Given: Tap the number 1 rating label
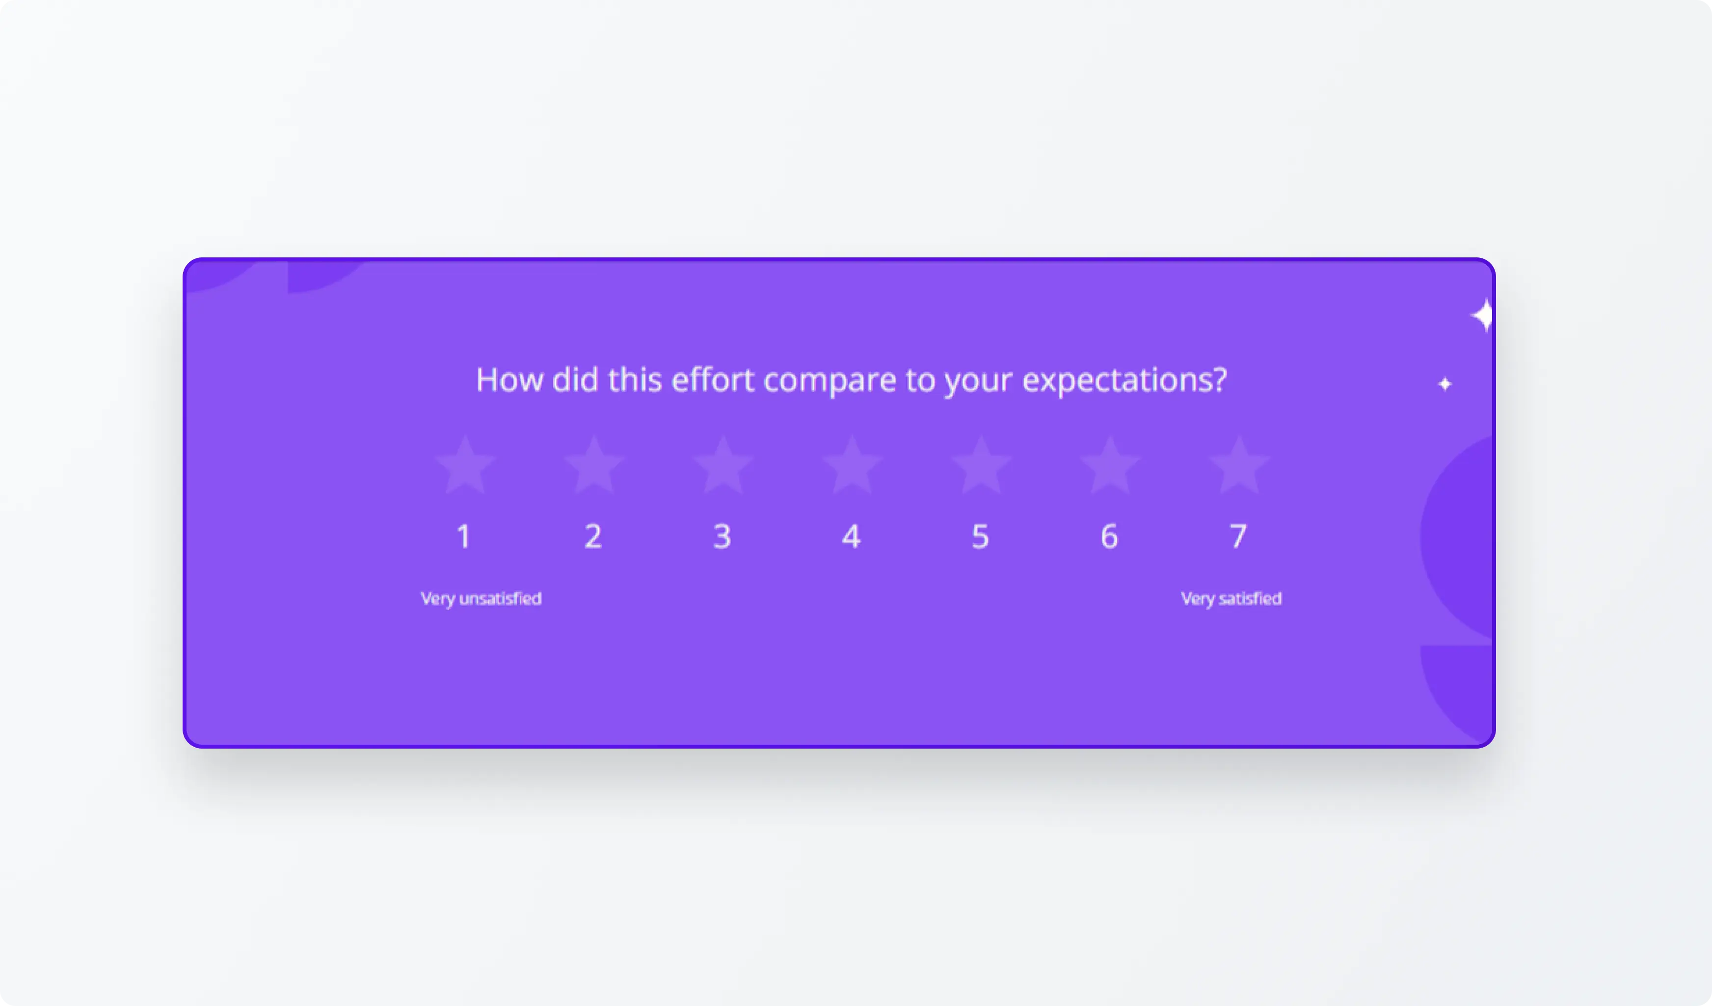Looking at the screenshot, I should (x=464, y=536).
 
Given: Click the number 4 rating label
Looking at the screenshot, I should (x=851, y=536).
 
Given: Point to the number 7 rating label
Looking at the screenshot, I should (x=1238, y=536).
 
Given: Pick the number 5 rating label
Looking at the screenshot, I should (x=980, y=536).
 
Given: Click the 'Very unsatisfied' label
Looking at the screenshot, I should (x=481, y=598).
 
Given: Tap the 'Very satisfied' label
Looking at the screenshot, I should (x=1231, y=598).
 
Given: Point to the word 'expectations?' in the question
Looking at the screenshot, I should (x=1124, y=381).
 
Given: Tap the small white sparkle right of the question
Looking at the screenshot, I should (x=1445, y=384).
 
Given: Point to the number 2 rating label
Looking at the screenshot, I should (x=593, y=536).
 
